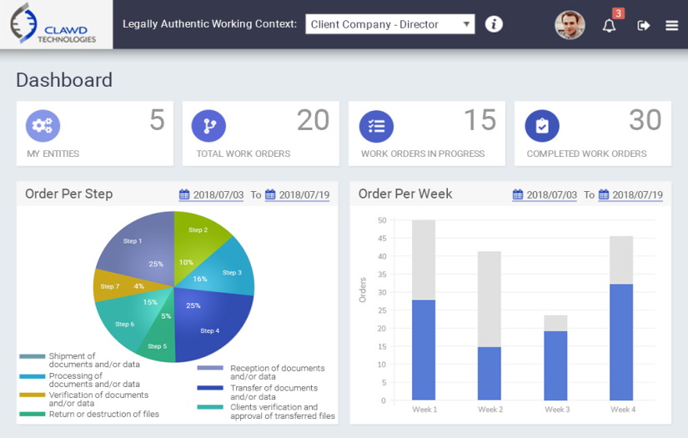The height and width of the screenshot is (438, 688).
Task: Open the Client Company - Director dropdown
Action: click(x=389, y=24)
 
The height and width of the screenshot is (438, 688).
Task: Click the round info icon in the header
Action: click(x=494, y=24)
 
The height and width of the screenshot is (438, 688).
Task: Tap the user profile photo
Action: click(x=570, y=25)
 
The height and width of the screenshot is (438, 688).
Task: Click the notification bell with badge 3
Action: click(x=610, y=25)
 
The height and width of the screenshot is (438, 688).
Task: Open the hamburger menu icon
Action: click(x=671, y=25)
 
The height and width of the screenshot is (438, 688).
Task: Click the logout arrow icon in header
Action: click(x=643, y=25)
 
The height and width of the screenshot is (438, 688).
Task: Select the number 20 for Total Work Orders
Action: click(x=313, y=121)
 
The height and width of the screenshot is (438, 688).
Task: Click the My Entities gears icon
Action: click(x=43, y=126)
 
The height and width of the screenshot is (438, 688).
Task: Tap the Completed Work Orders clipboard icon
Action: click(x=542, y=126)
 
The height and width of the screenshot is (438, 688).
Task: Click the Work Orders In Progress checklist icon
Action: click(x=376, y=126)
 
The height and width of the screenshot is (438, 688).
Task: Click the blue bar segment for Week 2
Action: click(x=490, y=373)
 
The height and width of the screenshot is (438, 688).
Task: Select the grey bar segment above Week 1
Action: click(x=424, y=259)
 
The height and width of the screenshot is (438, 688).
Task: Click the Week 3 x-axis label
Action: click(x=556, y=410)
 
